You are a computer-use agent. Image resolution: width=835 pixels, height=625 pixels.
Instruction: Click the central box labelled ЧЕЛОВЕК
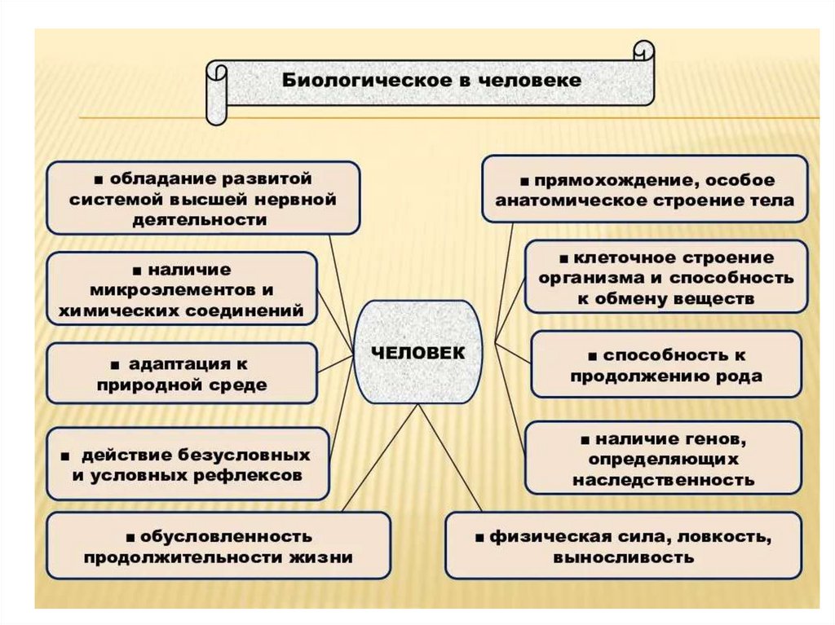tap(418, 352)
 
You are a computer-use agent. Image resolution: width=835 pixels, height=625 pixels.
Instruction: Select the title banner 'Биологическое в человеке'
tap(432, 81)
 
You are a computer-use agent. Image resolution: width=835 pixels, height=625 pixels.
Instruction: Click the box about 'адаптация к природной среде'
tap(182, 373)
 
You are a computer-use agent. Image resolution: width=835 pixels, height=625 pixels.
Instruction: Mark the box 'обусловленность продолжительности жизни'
tap(219, 547)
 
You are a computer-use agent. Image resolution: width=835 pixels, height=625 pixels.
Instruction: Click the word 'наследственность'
tap(663, 480)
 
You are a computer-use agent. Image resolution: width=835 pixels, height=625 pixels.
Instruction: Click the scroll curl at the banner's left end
tap(217, 93)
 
